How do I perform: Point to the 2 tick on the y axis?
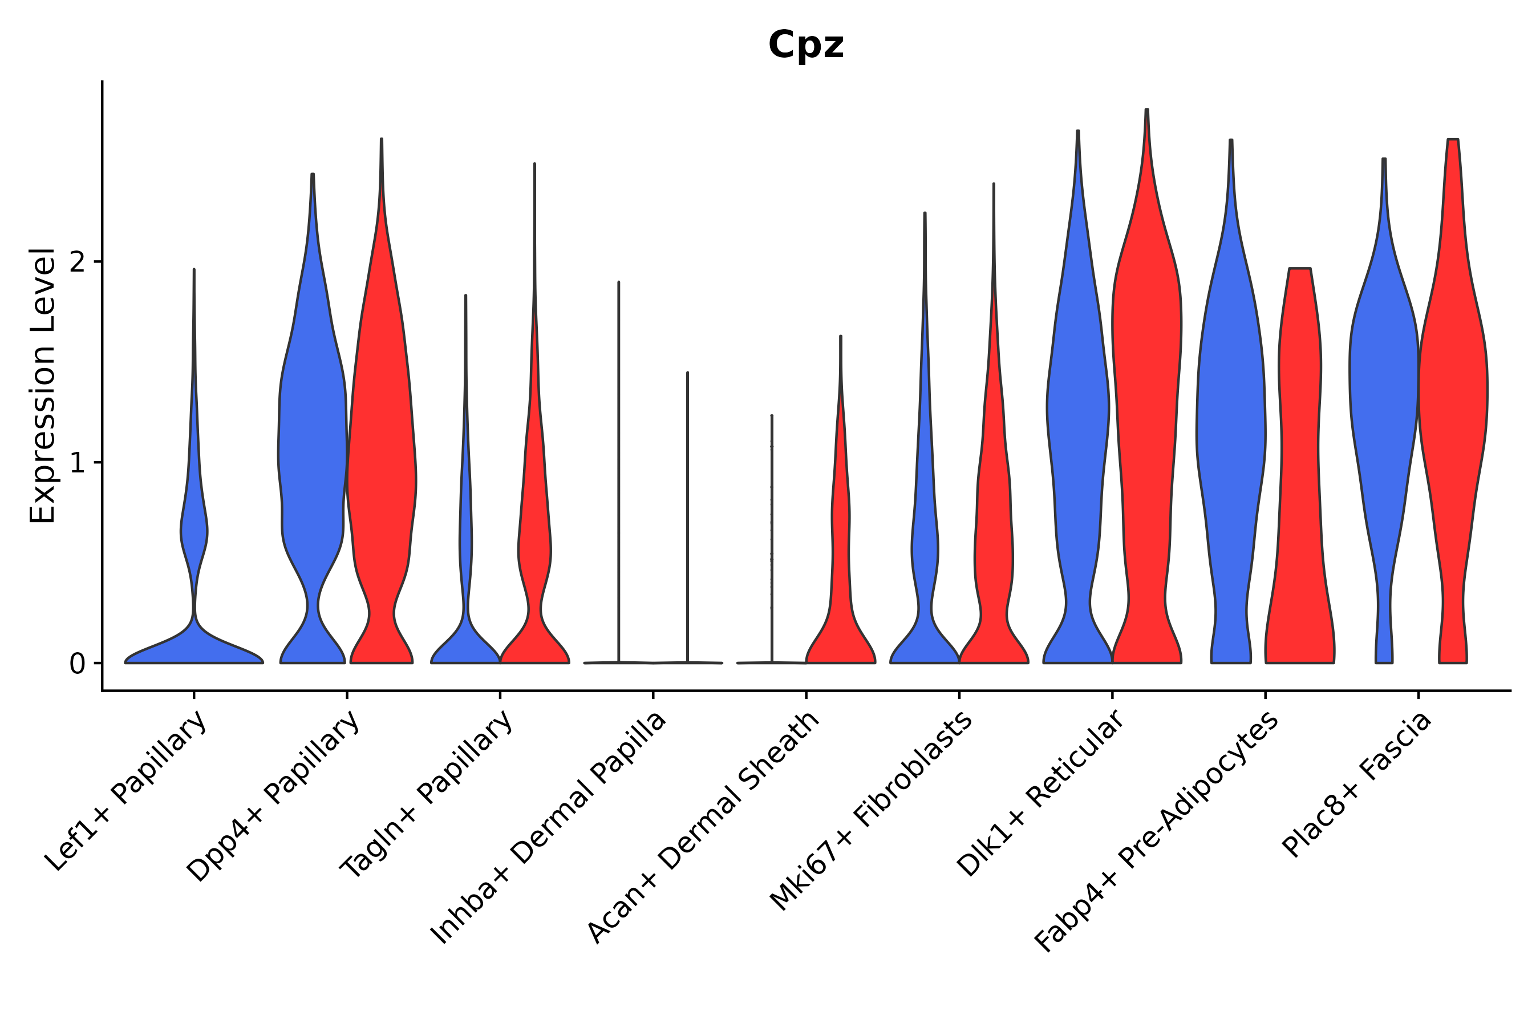pos(77,262)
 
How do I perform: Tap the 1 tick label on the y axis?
pos(77,463)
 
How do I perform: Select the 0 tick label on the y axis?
pos(77,664)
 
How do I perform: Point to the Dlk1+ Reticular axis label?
pos(1040,793)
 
